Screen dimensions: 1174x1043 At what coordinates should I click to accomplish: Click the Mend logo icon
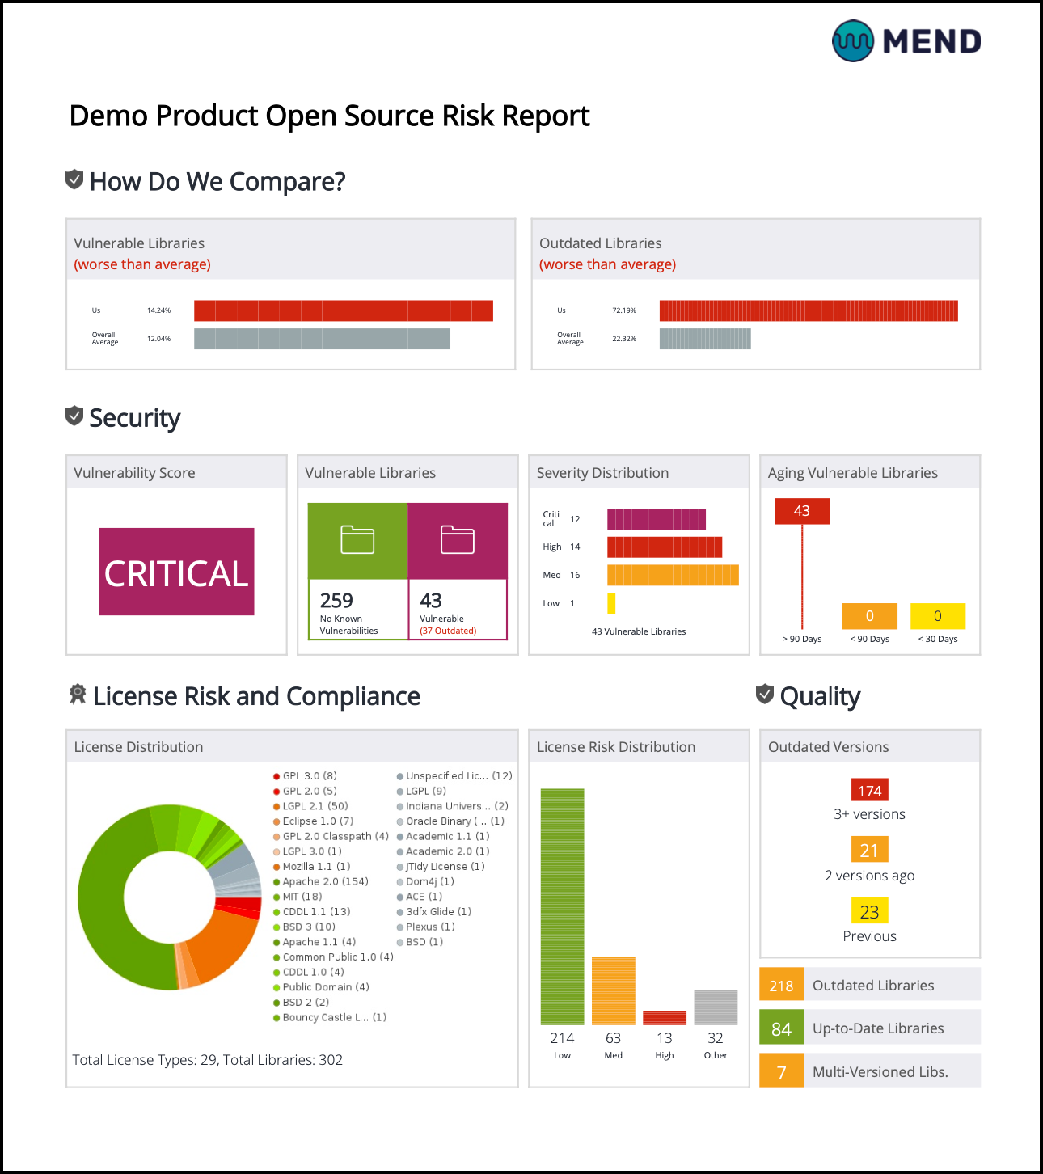(x=853, y=41)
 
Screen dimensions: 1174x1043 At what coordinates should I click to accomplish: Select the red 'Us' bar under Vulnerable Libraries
(x=343, y=310)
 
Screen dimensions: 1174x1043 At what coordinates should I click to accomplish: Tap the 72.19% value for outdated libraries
(x=623, y=310)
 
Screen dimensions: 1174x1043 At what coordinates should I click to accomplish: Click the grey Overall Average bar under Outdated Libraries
(x=705, y=339)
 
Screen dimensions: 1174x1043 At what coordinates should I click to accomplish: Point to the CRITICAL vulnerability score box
(x=176, y=572)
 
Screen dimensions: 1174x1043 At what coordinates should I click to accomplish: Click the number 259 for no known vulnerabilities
(x=336, y=601)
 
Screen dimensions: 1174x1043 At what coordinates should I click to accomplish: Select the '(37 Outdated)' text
(x=448, y=631)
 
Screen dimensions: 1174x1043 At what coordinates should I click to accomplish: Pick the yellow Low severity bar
(x=611, y=603)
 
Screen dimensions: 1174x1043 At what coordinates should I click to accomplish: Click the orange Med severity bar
(x=673, y=575)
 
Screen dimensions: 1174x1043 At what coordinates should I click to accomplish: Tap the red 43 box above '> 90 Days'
(x=801, y=511)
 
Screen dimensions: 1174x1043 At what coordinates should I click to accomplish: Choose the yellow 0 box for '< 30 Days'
(x=937, y=616)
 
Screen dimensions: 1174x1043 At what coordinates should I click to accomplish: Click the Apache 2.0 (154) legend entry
(x=325, y=881)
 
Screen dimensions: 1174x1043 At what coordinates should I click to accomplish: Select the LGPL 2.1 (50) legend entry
(x=315, y=806)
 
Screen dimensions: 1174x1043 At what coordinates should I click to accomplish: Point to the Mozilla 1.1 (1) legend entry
(x=316, y=867)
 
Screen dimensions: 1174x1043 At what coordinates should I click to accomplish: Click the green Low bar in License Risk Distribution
(x=562, y=906)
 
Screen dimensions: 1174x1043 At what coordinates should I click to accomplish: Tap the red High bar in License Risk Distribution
(x=665, y=1018)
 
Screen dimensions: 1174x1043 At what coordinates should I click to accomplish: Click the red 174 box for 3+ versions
(x=869, y=791)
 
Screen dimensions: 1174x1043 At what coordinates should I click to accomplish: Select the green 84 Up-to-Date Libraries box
(x=781, y=1028)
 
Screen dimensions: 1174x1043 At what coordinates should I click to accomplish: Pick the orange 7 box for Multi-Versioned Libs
(x=781, y=1072)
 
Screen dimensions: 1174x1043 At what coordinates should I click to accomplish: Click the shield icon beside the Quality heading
(x=765, y=694)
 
